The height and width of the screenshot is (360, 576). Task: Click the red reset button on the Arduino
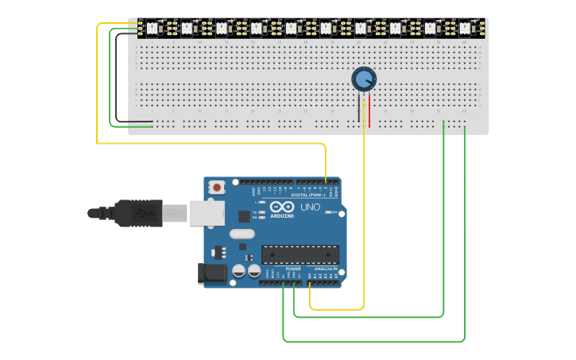[x=216, y=188]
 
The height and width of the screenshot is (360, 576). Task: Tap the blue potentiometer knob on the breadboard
[x=363, y=79]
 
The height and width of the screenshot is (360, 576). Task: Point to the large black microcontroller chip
[x=300, y=254]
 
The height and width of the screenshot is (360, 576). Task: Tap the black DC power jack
[x=211, y=273]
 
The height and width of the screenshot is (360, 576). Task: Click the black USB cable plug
[x=139, y=213]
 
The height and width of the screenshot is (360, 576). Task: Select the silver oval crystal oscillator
[x=242, y=234]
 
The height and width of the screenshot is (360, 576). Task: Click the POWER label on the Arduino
[x=293, y=269]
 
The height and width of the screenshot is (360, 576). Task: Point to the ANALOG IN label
[x=325, y=269]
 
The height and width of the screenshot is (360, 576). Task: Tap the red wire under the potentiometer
[x=369, y=110]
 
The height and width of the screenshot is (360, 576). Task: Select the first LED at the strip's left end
[x=151, y=28]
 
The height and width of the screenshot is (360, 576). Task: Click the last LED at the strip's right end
[x=465, y=28]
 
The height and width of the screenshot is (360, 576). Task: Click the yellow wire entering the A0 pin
[x=311, y=298]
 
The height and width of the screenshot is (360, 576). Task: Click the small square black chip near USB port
[x=243, y=215]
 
